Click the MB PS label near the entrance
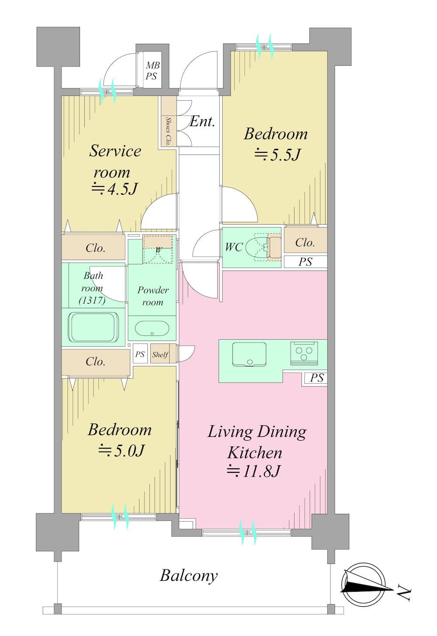coord(150,71)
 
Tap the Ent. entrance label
coord(202,122)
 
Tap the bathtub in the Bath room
coord(93,327)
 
